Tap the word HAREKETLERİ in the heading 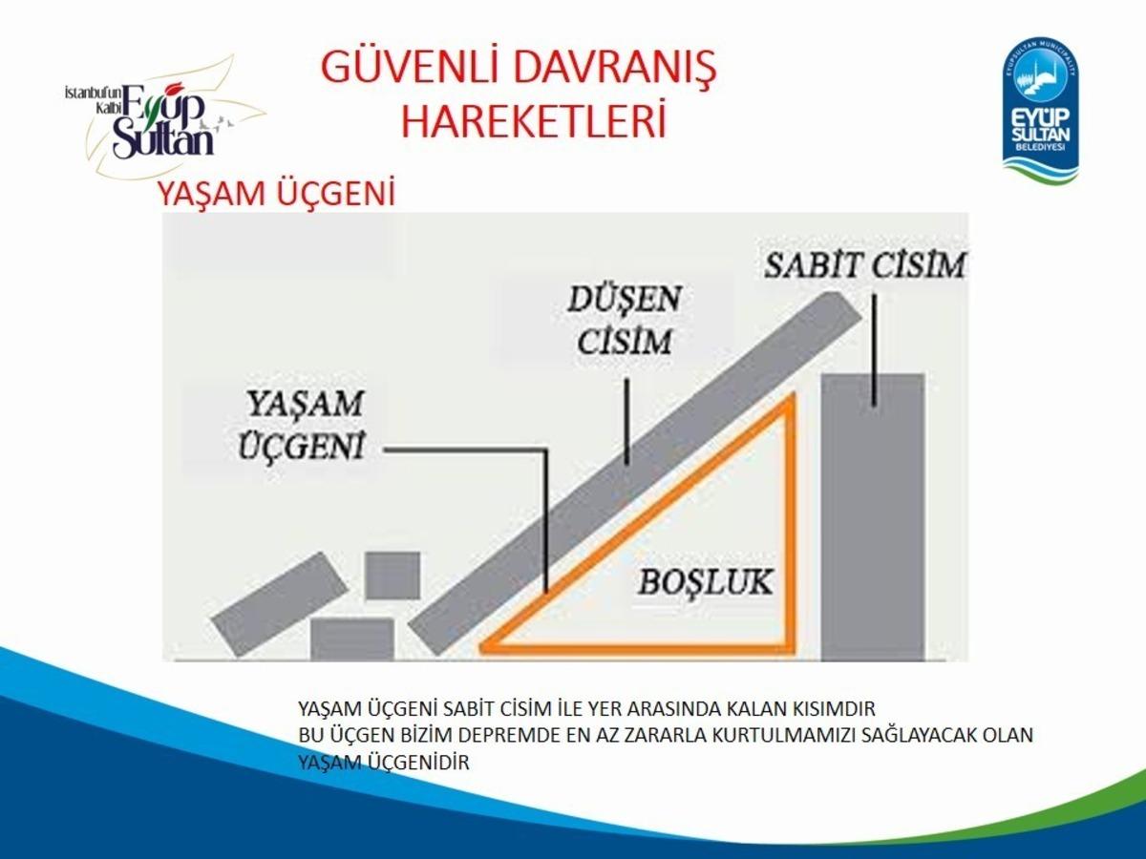point(533,123)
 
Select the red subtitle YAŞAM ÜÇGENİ point(276,194)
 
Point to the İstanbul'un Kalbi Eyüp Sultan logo point(162,119)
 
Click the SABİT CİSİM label point(865,265)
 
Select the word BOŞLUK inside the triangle point(706,582)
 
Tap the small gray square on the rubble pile point(392,576)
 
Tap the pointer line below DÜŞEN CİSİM point(627,420)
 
